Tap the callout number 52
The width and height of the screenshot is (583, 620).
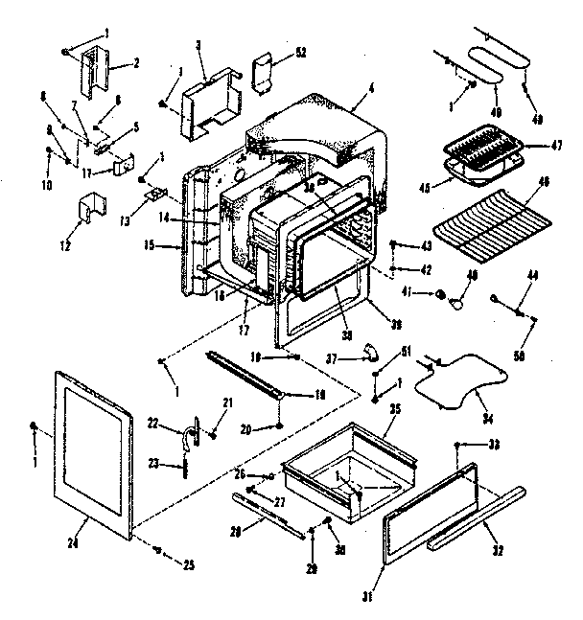(x=301, y=52)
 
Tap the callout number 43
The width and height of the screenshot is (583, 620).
(x=426, y=245)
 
